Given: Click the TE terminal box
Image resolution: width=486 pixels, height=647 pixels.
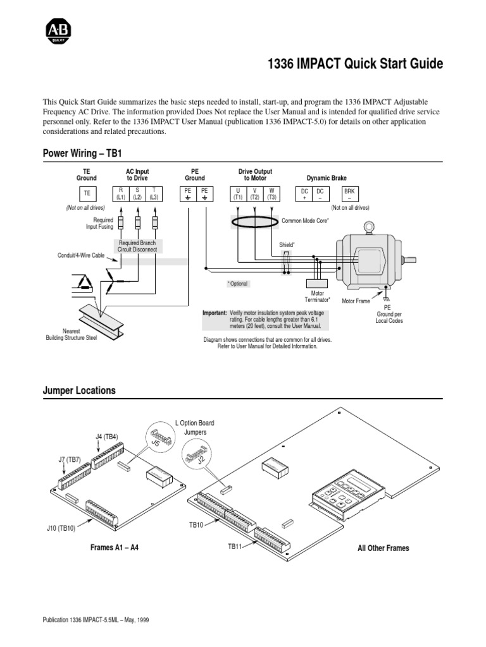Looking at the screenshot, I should (x=87, y=194).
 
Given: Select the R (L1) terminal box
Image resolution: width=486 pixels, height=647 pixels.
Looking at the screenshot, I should (x=121, y=194).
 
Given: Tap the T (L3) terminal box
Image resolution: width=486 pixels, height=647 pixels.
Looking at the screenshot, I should (x=154, y=194).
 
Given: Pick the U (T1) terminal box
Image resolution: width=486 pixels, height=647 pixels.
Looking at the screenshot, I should (x=237, y=194).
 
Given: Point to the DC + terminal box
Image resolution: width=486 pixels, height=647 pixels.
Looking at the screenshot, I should (x=305, y=194).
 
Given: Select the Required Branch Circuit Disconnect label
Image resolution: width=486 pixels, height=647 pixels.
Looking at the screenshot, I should (x=139, y=246).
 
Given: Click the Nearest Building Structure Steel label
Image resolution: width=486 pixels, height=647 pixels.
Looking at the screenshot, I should (x=71, y=334).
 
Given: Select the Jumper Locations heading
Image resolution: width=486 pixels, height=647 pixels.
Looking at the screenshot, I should (x=79, y=390).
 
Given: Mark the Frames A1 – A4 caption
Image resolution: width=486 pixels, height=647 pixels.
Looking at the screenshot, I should (x=115, y=548).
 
